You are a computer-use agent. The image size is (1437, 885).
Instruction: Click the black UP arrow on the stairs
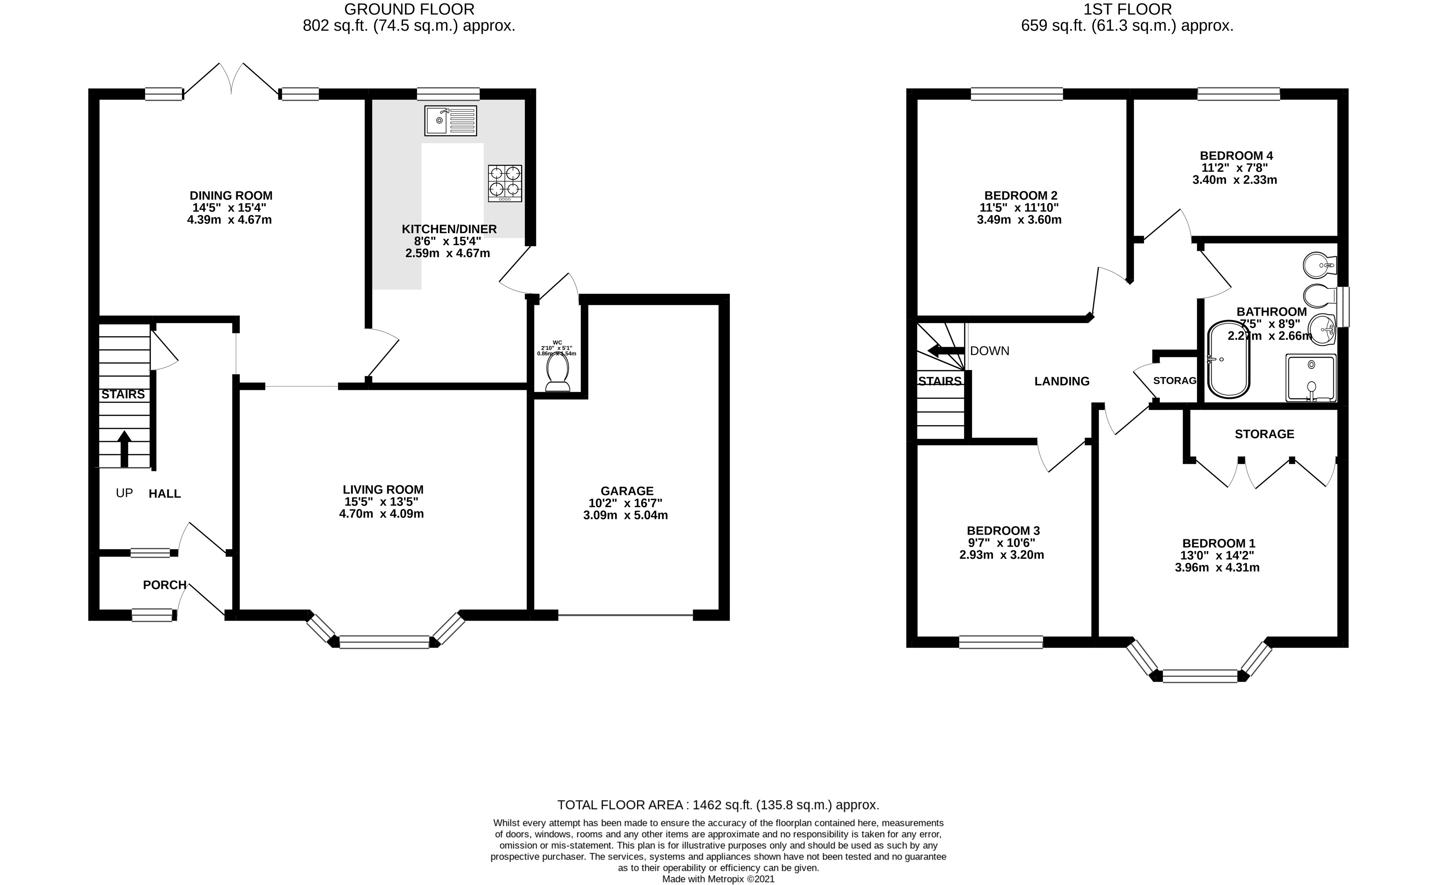tap(124, 449)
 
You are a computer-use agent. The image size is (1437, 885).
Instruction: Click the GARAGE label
tap(626, 491)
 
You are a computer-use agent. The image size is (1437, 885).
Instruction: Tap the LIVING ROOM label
tap(383, 489)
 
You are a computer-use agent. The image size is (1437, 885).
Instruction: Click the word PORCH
tap(164, 585)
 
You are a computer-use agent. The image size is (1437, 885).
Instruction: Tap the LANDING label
tap(1061, 382)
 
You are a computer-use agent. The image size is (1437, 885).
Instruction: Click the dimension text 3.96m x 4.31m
tap(1217, 568)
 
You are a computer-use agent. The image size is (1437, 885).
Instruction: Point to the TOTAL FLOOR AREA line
tap(718, 805)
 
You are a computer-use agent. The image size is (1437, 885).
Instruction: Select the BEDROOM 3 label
tap(1003, 531)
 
